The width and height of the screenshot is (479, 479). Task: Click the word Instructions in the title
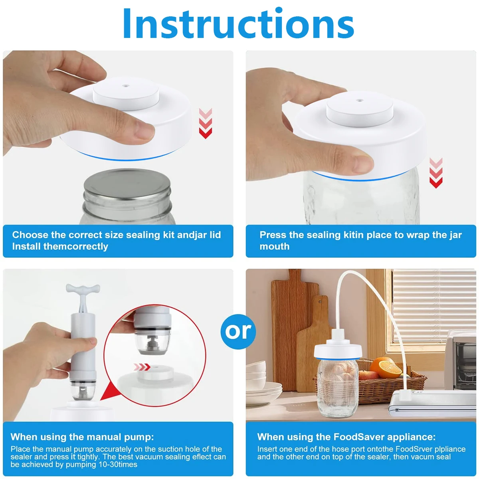[239, 24]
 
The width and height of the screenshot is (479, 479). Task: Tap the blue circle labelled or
[238, 331]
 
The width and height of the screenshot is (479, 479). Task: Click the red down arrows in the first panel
[205, 123]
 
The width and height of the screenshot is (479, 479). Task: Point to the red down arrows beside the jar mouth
[436, 173]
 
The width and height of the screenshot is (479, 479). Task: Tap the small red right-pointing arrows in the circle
[142, 367]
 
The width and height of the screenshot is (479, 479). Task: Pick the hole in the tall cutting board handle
[320, 302]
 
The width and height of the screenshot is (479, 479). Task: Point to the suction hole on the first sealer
[126, 86]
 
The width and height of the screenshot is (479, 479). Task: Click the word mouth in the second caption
[274, 246]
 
